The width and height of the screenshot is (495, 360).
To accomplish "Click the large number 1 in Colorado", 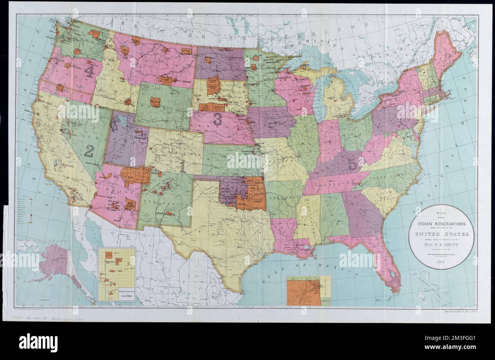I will click(182, 166).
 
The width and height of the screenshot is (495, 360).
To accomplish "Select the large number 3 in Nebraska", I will click(217, 119).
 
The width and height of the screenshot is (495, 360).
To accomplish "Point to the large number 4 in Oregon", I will click(89, 71).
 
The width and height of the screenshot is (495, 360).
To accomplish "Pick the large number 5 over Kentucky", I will click(353, 164).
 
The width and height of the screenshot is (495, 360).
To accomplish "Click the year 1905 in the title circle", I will click(441, 262).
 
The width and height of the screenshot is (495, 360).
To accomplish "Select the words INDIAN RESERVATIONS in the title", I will click(441, 224).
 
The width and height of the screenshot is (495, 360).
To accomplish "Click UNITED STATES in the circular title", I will click(441, 234).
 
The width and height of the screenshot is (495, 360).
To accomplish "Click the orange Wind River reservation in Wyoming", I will click(155, 102).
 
